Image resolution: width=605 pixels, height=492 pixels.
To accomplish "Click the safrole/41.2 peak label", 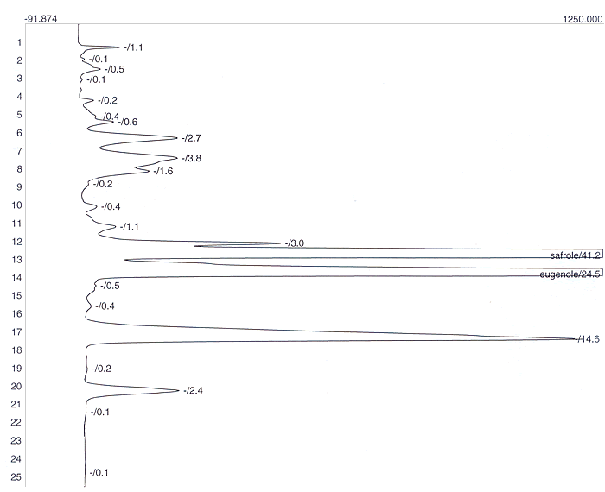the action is click(x=576, y=255).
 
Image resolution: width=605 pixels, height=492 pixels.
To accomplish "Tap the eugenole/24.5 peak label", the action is click(x=570, y=274).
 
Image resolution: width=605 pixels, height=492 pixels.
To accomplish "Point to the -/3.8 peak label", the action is click(x=191, y=158).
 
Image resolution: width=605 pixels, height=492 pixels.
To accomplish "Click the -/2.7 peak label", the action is click(x=191, y=138).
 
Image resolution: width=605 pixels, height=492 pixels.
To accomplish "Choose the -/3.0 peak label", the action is click(x=295, y=243).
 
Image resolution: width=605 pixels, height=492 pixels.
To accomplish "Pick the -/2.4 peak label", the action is click(x=194, y=391).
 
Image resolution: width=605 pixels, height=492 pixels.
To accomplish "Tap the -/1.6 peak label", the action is click(x=163, y=172).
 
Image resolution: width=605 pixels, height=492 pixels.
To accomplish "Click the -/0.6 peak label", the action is click(x=128, y=122).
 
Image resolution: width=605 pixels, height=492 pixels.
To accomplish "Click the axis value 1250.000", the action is click(x=583, y=19).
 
